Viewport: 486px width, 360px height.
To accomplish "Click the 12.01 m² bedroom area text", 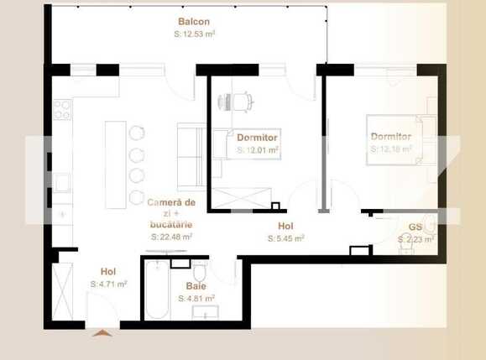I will tap(258, 149).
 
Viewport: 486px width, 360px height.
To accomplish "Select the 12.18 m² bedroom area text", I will tap(391, 149).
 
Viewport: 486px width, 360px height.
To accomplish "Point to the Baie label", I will tap(196, 286).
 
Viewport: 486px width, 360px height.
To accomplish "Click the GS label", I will tap(415, 227).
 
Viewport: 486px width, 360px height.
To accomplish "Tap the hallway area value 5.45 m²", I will tap(285, 238).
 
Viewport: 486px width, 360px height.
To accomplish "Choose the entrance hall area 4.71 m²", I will tap(108, 284).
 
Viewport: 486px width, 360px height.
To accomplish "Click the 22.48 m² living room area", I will tap(171, 237).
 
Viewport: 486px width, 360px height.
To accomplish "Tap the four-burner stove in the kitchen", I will tap(61, 110).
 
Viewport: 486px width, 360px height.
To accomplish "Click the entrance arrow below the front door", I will tap(102, 333).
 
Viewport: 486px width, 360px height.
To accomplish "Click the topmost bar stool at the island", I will tap(137, 134).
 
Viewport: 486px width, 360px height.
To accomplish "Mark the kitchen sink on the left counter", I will tap(61, 181).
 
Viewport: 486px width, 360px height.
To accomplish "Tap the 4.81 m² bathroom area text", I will tap(196, 298).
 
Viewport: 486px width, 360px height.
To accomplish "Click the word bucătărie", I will tap(172, 226).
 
